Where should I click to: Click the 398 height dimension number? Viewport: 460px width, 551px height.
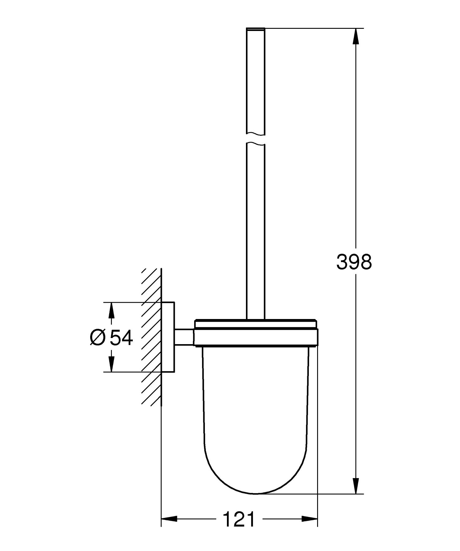coord(354,262)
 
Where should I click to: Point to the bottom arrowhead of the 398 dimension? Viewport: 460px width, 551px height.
coord(355,485)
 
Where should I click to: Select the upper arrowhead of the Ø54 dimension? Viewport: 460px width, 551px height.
coord(111,310)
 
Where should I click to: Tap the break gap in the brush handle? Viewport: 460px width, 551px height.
coord(255,139)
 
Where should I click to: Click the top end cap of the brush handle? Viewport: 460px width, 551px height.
coord(255,29)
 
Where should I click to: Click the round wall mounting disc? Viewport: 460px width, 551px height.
coord(168,337)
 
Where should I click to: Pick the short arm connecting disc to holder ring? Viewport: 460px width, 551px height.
coord(184,337)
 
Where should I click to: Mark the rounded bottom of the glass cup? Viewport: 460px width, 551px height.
coord(255,478)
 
